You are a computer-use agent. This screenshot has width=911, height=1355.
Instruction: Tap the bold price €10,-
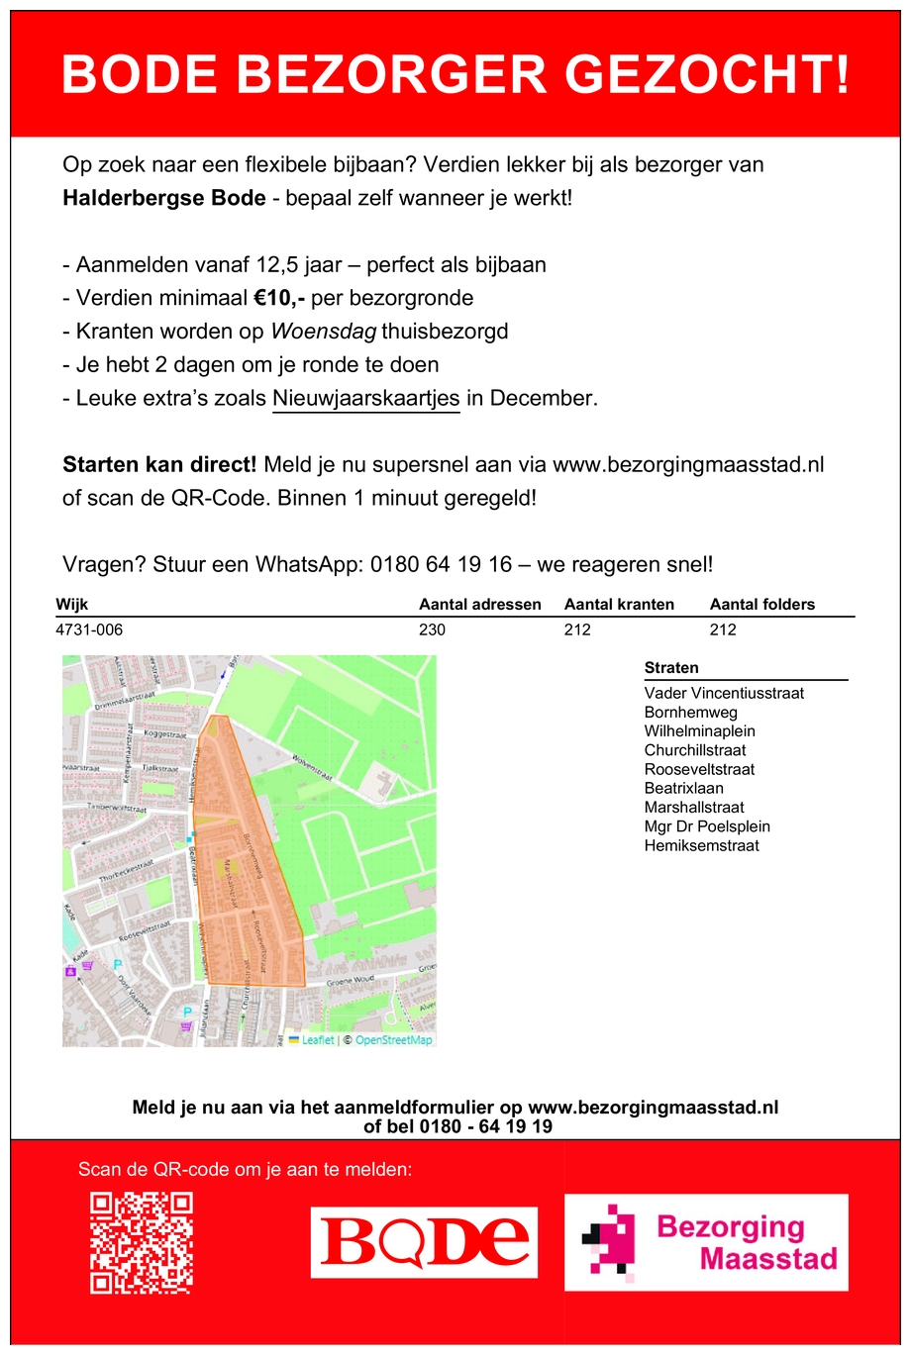279,298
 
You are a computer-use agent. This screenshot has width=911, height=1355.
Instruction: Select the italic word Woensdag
324,332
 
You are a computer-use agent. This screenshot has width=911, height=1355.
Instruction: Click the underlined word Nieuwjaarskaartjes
365,398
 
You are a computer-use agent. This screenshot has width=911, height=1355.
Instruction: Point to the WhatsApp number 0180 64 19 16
441,564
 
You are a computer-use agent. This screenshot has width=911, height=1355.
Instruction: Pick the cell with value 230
432,629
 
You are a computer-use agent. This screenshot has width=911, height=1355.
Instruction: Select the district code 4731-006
89,629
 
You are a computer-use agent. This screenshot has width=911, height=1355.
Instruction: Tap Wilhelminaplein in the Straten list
699,731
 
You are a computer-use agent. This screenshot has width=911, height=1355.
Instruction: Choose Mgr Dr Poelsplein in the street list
706,826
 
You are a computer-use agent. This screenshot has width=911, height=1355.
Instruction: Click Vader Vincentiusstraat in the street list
723,693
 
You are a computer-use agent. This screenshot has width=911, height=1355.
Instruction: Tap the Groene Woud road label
351,981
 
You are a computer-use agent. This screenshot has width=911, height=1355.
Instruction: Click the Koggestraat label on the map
165,734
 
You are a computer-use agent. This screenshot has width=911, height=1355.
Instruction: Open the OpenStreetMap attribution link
393,1040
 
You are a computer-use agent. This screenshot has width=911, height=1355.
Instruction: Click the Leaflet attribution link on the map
317,1040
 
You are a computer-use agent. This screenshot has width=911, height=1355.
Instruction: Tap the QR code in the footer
142,1242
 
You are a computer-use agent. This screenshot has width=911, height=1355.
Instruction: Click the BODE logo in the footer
425,1242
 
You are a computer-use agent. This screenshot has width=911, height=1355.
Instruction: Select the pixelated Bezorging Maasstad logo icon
607,1241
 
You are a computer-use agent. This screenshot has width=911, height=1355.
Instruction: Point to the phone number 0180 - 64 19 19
485,1126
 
